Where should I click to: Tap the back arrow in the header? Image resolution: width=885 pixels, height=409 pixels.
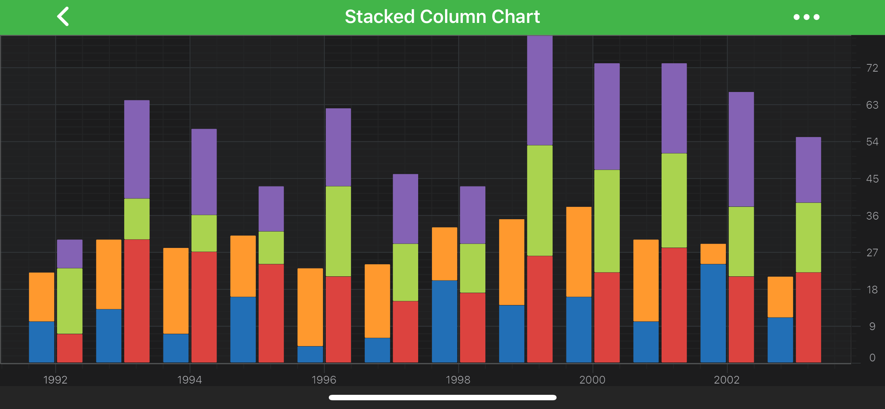click(63, 17)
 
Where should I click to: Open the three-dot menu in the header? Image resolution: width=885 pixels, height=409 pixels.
click(806, 17)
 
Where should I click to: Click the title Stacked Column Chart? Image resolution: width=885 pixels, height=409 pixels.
click(442, 17)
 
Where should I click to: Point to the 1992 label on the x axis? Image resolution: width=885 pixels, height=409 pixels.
click(55, 380)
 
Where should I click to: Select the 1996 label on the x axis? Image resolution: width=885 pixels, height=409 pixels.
click(324, 380)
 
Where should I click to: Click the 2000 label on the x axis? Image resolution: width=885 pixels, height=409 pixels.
click(592, 380)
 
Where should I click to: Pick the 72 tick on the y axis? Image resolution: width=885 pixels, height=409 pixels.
click(872, 68)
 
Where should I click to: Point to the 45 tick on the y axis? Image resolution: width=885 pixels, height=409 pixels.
click(872, 179)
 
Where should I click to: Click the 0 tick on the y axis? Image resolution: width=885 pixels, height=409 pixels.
click(872, 358)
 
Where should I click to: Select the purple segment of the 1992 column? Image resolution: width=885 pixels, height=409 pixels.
click(70, 254)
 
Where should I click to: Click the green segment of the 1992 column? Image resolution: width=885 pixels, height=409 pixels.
click(70, 301)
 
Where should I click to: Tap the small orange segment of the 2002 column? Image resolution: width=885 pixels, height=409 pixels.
click(713, 254)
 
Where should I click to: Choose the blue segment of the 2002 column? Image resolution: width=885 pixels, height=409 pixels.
click(713, 313)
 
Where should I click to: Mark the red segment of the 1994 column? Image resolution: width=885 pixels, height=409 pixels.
click(204, 307)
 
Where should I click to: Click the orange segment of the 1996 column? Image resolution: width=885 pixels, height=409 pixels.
click(310, 307)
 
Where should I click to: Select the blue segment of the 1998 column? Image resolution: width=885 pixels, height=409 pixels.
click(444, 321)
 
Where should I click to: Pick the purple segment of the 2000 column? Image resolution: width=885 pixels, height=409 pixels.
click(607, 116)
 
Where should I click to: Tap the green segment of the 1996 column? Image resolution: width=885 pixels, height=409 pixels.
click(338, 231)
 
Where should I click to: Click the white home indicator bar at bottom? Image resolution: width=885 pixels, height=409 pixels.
click(442, 397)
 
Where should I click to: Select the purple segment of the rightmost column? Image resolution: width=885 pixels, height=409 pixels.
click(808, 170)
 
